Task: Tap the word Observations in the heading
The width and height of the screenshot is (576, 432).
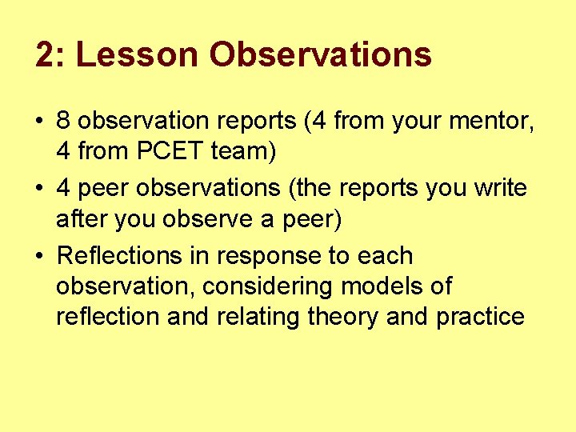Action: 320,55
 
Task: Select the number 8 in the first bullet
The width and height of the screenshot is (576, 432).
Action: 64,122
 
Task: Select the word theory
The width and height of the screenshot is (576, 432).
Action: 343,317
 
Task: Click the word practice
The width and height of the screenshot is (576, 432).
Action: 480,317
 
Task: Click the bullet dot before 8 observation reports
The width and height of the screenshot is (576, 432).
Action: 40,122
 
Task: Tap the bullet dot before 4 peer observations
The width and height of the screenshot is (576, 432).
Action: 40,190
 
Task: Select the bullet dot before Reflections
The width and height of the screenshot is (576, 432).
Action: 40,257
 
